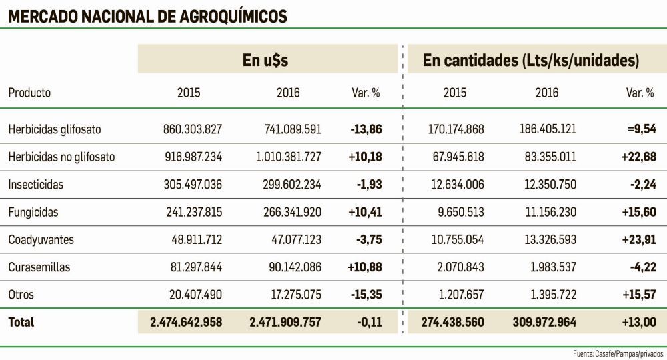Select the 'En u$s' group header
click(x=265, y=61)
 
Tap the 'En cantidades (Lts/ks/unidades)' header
click(x=531, y=61)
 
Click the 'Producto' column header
click(x=29, y=93)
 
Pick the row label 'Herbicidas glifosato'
click(x=55, y=129)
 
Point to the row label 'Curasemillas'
click(x=39, y=267)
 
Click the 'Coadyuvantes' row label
click(x=41, y=240)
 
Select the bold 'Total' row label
click(x=21, y=323)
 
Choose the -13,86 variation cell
click(x=366, y=129)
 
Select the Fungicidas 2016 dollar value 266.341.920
click(x=288, y=213)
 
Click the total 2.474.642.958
click(x=186, y=323)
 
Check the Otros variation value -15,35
click(x=366, y=295)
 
